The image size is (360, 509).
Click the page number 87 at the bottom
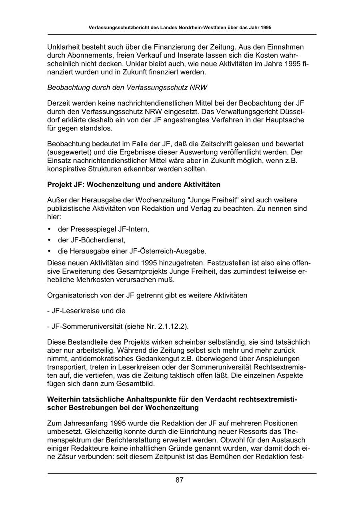(179, 480)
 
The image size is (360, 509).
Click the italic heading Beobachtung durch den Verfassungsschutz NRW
(127, 88)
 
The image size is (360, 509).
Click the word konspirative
(66, 169)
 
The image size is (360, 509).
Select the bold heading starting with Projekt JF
(134, 185)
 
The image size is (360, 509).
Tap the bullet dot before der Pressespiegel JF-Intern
(50, 230)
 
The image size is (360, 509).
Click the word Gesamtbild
(137, 383)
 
